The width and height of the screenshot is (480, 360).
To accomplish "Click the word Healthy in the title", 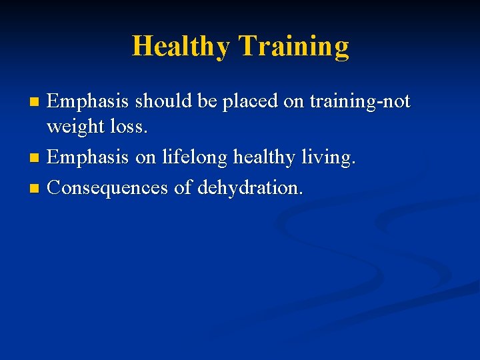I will (181, 47).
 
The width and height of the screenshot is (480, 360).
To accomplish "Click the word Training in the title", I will (293, 47).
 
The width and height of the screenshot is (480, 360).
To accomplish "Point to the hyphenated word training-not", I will (361, 102).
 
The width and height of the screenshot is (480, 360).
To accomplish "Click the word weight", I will (74, 126).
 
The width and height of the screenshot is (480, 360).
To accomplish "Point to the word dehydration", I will (249, 188).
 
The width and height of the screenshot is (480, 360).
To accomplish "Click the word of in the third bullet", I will (182, 188).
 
